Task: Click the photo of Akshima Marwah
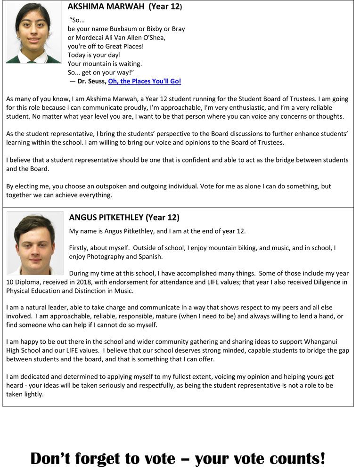[33, 32]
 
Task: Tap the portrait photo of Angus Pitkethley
[34, 243]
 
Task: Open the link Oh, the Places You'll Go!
[144, 81]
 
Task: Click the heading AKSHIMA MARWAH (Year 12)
[125, 7]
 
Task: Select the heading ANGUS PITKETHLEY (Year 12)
[124, 218]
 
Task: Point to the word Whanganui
[330, 341]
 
